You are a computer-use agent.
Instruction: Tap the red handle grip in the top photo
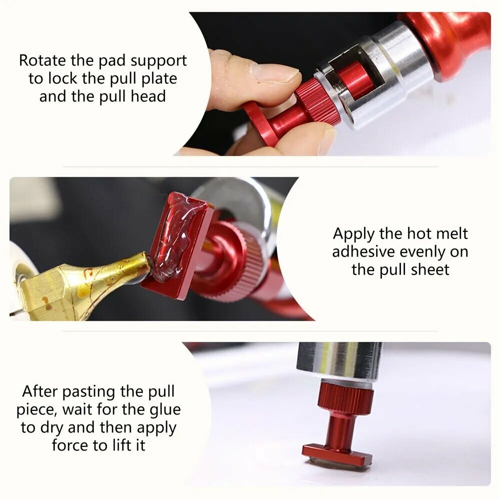[446, 44]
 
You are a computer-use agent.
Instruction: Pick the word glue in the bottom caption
[165, 410]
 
